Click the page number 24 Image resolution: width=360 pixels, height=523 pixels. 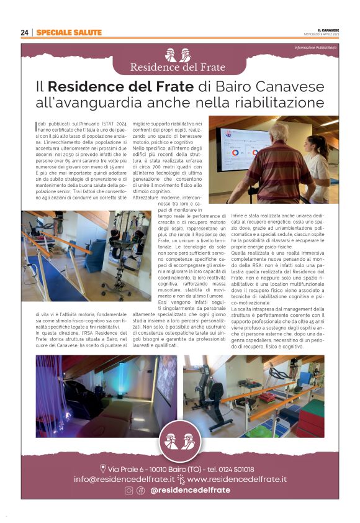click(25, 32)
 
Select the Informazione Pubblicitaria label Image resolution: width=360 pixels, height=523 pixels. click(315, 48)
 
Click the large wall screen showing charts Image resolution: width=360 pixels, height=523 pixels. click(245, 153)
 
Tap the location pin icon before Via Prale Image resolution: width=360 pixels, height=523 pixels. click(103, 469)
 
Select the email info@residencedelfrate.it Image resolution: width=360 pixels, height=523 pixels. click(124, 480)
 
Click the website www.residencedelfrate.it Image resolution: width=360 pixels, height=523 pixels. click(236, 480)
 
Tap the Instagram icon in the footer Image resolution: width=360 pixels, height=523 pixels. click(129, 490)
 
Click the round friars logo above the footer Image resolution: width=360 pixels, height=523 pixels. click(180, 442)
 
